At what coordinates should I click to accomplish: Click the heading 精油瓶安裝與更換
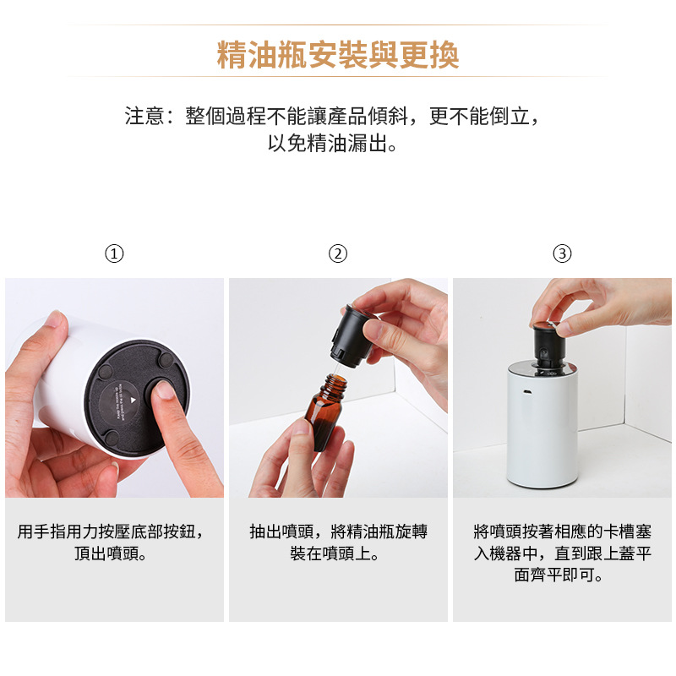(337, 55)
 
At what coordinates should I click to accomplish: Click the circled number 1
(114, 253)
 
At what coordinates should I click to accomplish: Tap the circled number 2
(337, 253)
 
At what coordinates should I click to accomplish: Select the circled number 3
(562, 253)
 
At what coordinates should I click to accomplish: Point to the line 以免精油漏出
(332, 143)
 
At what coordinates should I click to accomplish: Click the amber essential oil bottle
(325, 412)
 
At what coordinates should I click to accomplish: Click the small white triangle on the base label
(134, 401)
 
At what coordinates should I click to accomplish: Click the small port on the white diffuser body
(526, 392)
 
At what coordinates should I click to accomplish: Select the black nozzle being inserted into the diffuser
(548, 345)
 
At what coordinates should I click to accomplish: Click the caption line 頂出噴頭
(112, 553)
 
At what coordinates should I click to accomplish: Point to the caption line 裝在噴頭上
(335, 553)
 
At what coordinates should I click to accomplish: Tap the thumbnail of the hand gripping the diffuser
(56, 320)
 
